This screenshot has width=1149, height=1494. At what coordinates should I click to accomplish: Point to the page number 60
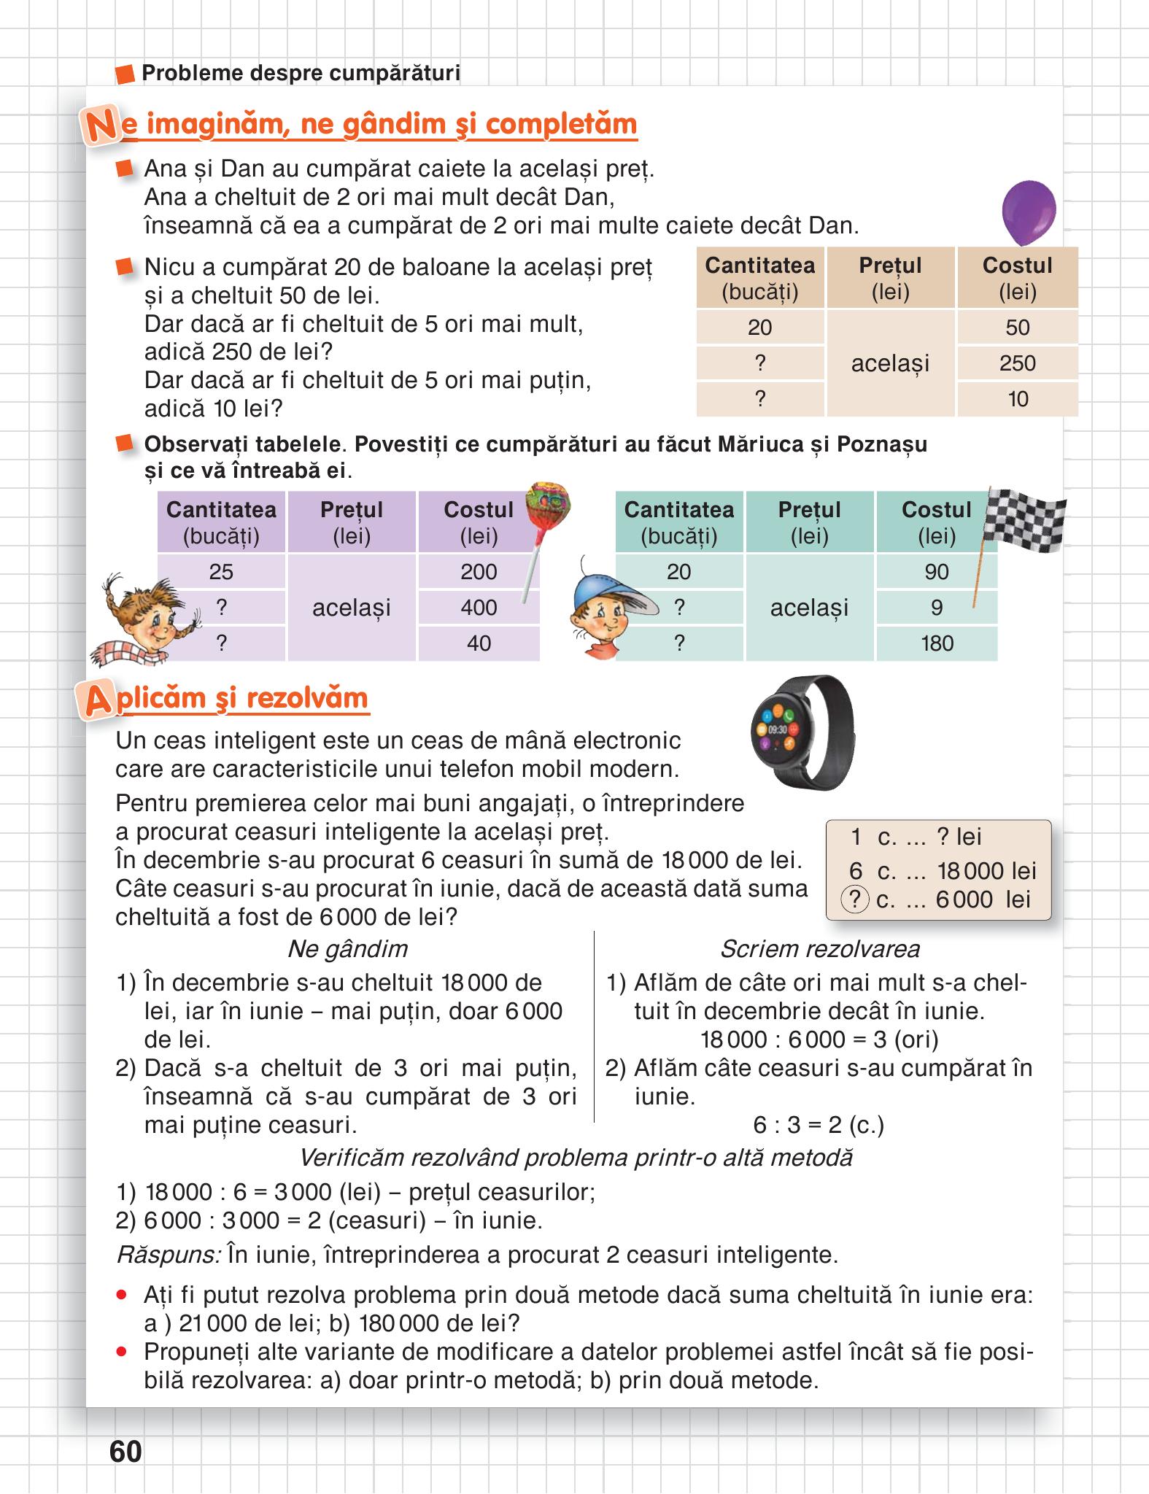[125, 1452]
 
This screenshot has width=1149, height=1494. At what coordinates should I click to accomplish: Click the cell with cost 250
[1017, 363]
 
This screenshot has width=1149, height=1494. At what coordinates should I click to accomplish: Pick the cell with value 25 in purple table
[221, 572]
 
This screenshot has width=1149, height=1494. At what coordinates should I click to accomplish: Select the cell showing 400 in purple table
[479, 608]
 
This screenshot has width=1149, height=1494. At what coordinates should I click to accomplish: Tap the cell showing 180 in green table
[937, 643]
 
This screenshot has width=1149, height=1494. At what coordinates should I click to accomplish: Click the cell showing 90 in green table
[937, 572]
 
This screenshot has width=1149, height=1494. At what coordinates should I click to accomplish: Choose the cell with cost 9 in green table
[937, 608]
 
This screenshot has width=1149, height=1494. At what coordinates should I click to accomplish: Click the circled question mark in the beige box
[855, 900]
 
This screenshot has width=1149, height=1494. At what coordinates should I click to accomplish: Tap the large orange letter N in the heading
[100, 126]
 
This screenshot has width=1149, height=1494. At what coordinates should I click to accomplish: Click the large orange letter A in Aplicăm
[98, 701]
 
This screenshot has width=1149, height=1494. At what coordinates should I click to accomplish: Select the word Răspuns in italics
[168, 1255]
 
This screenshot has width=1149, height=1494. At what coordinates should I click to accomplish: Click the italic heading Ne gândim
[347, 949]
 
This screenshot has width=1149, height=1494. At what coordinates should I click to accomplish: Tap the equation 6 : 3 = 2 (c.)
[819, 1125]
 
